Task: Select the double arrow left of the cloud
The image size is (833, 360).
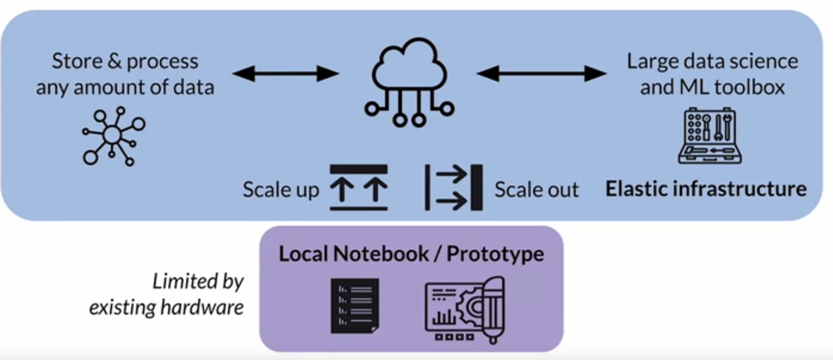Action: click(286, 73)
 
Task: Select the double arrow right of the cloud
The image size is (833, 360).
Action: click(541, 73)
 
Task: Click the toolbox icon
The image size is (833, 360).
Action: click(710, 136)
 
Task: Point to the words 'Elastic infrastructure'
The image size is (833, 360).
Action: click(705, 189)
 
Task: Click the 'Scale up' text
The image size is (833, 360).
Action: click(280, 190)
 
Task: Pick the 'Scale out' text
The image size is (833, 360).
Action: click(536, 190)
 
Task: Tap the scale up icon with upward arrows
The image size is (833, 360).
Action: click(359, 187)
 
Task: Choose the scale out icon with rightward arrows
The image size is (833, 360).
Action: click(453, 187)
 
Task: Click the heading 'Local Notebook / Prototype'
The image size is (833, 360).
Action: click(411, 254)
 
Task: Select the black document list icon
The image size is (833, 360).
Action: click(355, 305)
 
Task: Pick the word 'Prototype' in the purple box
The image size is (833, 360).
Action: click(495, 254)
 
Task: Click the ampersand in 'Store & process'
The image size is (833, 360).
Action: click(114, 61)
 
